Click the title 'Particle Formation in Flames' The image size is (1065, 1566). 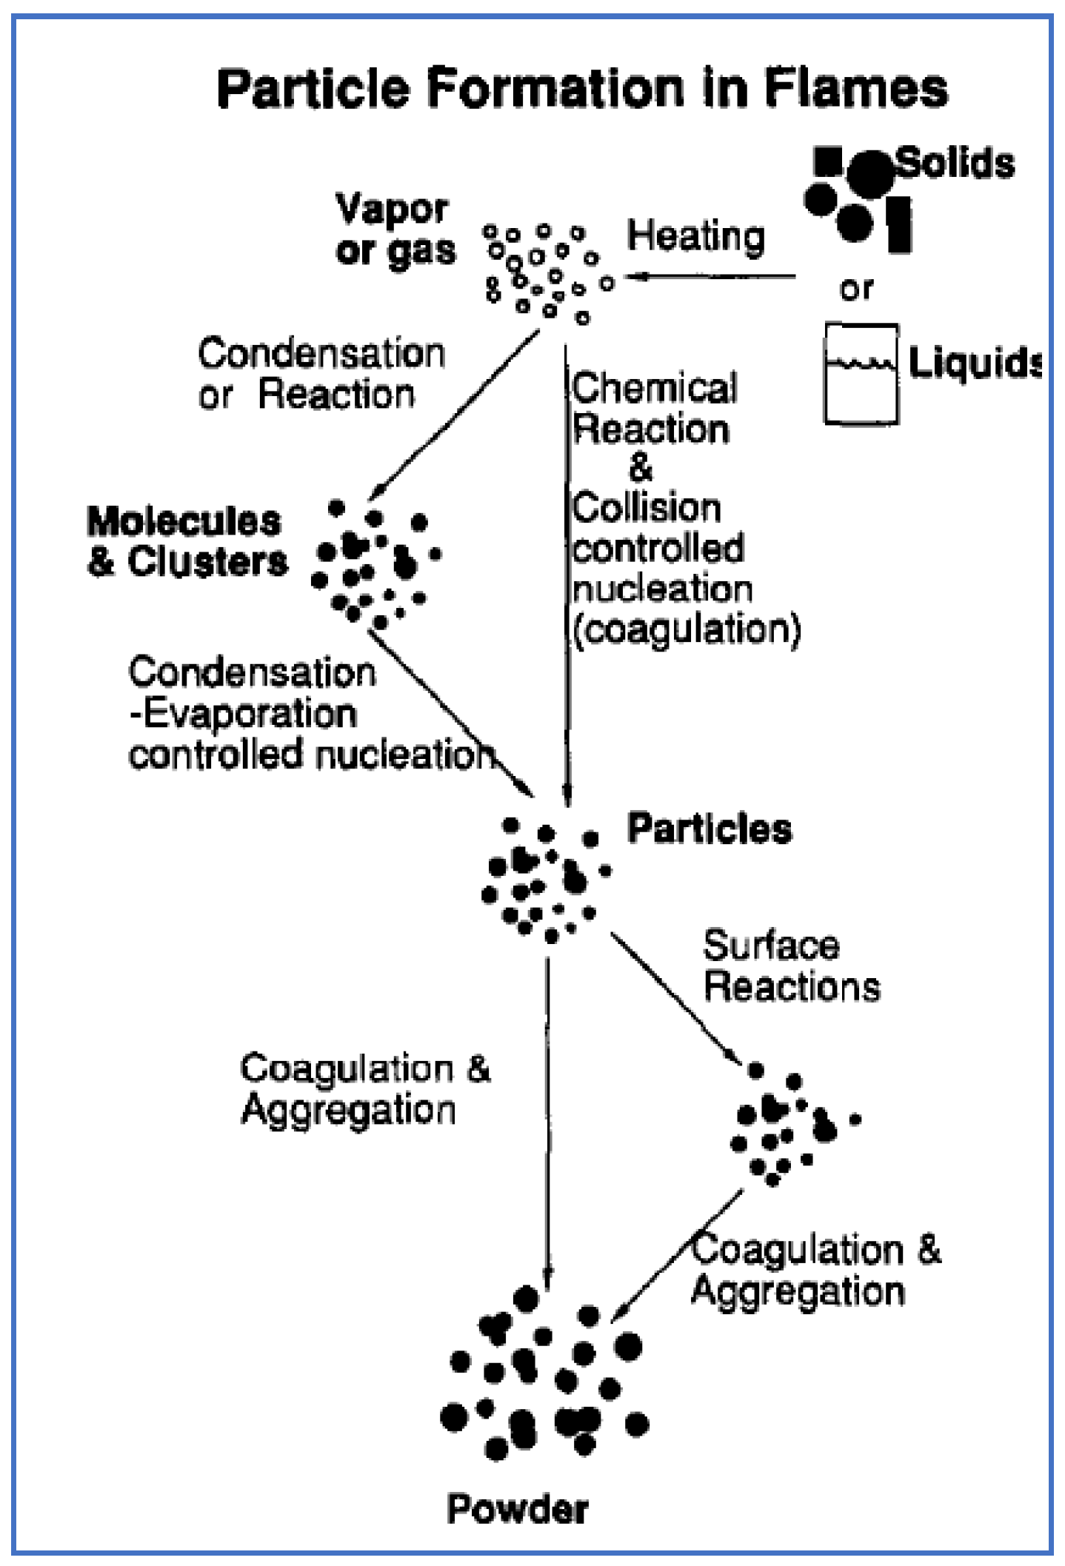(x=582, y=88)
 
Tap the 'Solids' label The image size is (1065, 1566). (x=956, y=163)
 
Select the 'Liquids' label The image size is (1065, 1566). (x=974, y=363)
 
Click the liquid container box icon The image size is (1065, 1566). (x=861, y=374)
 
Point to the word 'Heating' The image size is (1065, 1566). (x=695, y=237)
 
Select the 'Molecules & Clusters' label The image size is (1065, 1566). (x=187, y=542)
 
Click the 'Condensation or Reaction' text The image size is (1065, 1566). (x=320, y=374)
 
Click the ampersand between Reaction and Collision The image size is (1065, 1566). (x=640, y=468)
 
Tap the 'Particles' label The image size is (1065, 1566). (x=710, y=828)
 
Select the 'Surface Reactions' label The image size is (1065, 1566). (x=791, y=966)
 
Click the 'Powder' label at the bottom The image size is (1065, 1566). (x=518, y=1508)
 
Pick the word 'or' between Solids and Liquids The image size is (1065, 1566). (x=856, y=289)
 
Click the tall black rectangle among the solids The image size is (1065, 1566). (x=899, y=224)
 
